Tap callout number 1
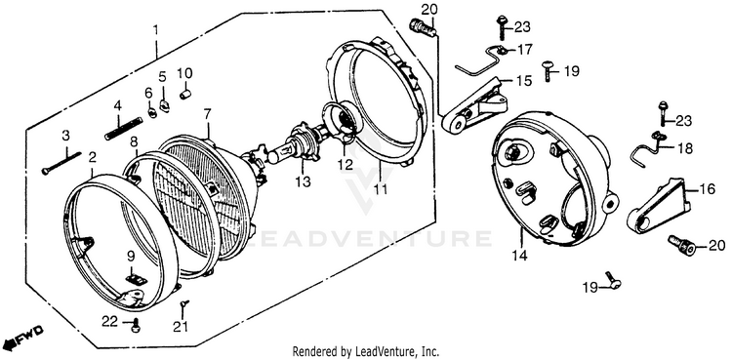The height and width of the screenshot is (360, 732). click(156, 31)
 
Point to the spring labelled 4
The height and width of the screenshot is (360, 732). click(123, 129)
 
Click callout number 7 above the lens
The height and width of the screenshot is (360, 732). click(207, 114)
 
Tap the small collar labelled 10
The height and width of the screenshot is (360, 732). click(185, 95)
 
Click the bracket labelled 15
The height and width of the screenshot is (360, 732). click(474, 107)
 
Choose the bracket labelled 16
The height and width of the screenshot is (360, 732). click(659, 207)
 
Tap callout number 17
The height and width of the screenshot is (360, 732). click(524, 49)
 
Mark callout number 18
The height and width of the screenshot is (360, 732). click(685, 148)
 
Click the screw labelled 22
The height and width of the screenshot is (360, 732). click(137, 326)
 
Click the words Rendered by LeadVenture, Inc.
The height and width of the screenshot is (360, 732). click(366, 351)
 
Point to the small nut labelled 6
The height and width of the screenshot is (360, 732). click(151, 112)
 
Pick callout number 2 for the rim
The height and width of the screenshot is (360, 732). click(93, 157)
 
